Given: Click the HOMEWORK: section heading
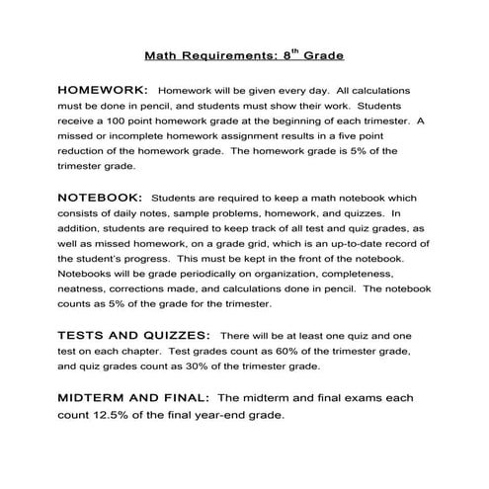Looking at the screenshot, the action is (x=102, y=88).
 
